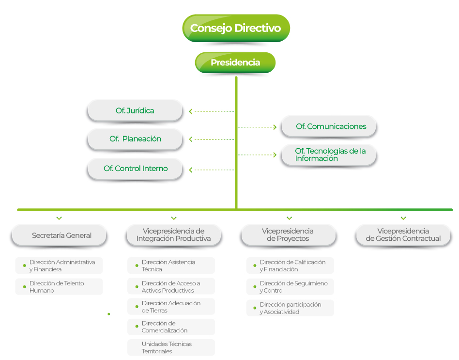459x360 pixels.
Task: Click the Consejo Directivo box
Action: click(x=236, y=28)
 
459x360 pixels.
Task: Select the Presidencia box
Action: click(x=235, y=63)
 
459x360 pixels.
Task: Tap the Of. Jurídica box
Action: click(x=135, y=111)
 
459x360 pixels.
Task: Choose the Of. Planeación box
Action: click(x=135, y=139)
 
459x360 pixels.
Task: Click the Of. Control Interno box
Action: click(x=135, y=169)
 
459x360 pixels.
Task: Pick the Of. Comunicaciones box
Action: click(x=328, y=126)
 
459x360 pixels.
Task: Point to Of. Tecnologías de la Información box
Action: click(x=328, y=155)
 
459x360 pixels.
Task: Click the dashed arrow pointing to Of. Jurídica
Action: click(x=212, y=111)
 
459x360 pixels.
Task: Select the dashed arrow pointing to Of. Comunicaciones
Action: click(x=257, y=127)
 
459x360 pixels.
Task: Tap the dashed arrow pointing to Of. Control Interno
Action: click(x=212, y=170)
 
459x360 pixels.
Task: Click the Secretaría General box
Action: click(x=59, y=235)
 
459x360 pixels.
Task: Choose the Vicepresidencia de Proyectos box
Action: click(x=289, y=235)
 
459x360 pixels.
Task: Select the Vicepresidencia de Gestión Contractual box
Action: click(x=403, y=235)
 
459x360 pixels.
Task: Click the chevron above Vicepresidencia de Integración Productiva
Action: click(x=174, y=218)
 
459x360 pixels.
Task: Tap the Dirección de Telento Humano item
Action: click(x=59, y=287)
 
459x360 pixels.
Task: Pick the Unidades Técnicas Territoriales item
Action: click(x=171, y=347)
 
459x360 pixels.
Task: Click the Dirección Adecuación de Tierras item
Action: click(x=171, y=307)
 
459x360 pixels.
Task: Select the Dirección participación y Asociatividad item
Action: click(x=290, y=308)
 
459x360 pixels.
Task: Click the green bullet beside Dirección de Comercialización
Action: click(x=137, y=326)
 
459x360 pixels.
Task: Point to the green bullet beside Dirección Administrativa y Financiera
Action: click(x=24, y=266)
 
